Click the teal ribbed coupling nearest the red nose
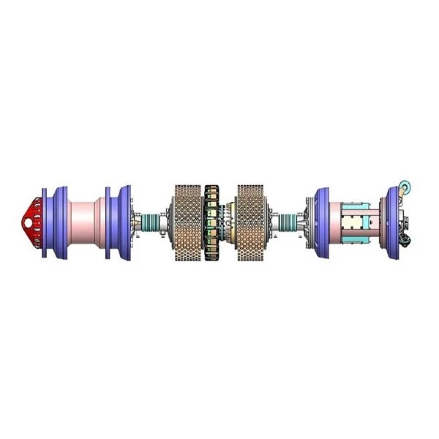click(151, 222)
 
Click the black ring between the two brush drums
click(212, 222)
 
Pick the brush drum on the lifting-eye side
click(252, 222)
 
